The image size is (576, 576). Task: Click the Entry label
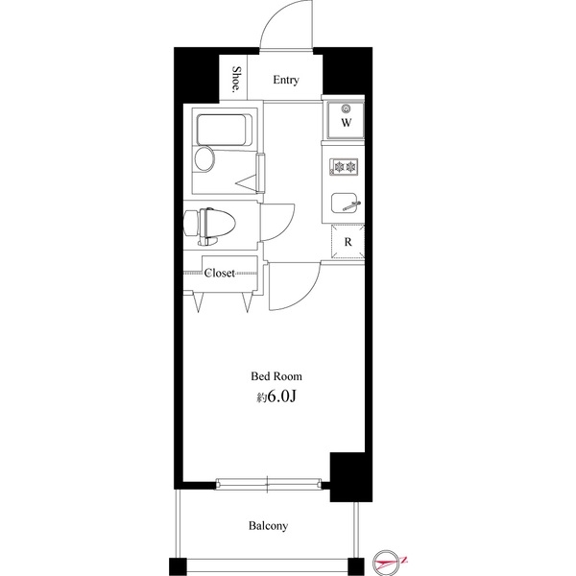click(285, 81)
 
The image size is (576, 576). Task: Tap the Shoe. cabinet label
click(236, 81)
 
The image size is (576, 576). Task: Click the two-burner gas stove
click(344, 167)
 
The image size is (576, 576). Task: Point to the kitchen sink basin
click(345, 204)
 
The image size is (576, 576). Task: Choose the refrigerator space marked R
click(347, 243)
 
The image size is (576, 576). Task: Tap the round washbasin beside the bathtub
click(204, 159)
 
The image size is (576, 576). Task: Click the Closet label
click(220, 274)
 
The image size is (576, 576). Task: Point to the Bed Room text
click(276, 376)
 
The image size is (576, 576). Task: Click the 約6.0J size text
click(276, 396)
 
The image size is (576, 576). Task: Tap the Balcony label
click(269, 525)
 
